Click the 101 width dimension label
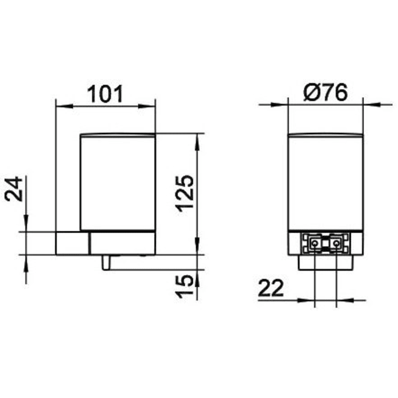(x=105, y=93)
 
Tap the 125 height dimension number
(x=184, y=193)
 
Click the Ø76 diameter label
(x=325, y=93)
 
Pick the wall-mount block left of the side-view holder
(x=72, y=243)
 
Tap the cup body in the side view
(x=118, y=182)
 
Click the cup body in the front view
(x=325, y=182)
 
